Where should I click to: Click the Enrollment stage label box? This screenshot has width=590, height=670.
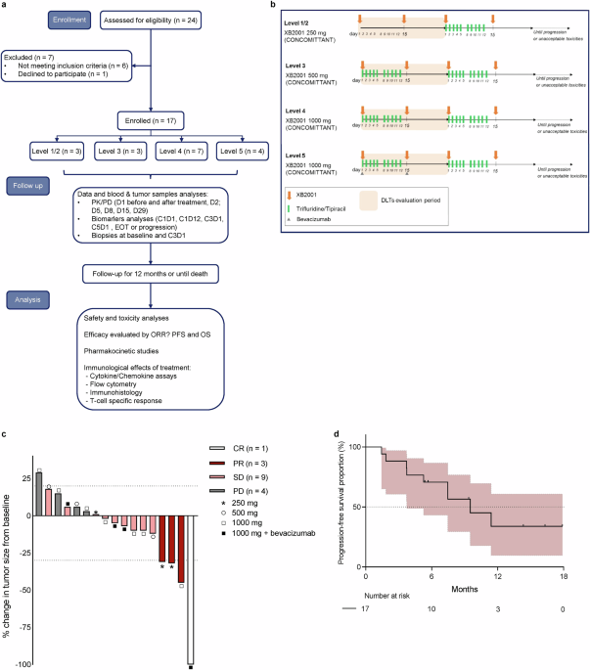(x=33, y=19)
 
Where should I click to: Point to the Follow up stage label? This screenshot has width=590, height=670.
(x=33, y=184)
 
